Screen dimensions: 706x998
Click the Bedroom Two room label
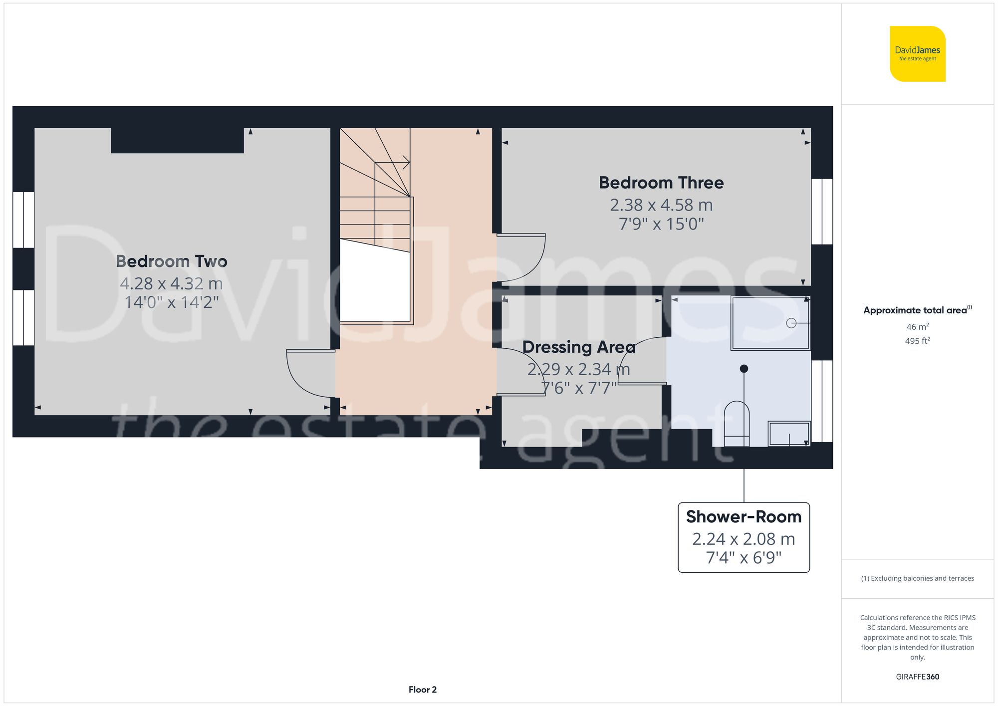pyautogui.click(x=171, y=261)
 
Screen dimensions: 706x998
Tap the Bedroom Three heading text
pyautogui.click(x=661, y=183)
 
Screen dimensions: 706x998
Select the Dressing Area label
pyautogui.click(x=579, y=347)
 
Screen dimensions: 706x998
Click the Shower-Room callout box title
pyautogui.click(x=744, y=517)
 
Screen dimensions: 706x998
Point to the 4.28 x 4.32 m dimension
pyautogui.click(x=171, y=283)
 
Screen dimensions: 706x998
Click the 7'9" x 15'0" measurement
pyautogui.click(x=661, y=224)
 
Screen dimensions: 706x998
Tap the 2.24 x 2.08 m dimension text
pyautogui.click(x=744, y=539)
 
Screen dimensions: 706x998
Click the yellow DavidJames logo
pyautogui.click(x=917, y=54)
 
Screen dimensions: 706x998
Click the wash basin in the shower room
pyautogui.click(x=789, y=433)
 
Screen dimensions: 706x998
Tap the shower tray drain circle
pyautogui.click(x=791, y=323)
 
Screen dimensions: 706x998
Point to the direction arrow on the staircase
pyautogui.click(x=405, y=162)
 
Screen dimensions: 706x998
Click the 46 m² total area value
pyautogui.click(x=917, y=327)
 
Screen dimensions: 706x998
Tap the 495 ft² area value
pyautogui.click(x=917, y=341)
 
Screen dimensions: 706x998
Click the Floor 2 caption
pyautogui.click(x=422, y=690)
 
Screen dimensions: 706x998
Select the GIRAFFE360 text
pyautogui.click(x=917, y=677)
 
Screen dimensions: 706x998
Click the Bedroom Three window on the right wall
pyautogui.click(x=822, y=212)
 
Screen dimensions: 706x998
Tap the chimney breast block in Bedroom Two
pyautogui.click(x=177, y=141)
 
